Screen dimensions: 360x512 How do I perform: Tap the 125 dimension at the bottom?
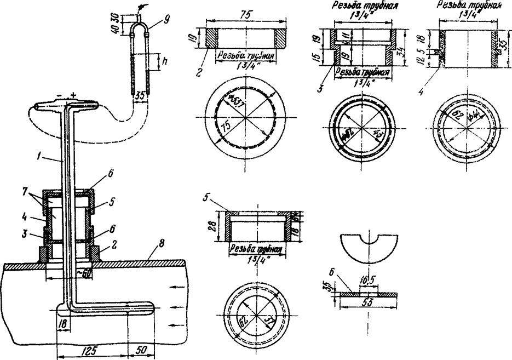pyautogui.click(x=84, y=348)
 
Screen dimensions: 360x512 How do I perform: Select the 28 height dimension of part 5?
pyautogui.click(x=218, y=227)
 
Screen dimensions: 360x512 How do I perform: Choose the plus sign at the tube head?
pyautogui.click(x=72, y=95)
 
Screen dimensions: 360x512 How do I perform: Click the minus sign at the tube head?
pyautogui.click(x=58, y=95)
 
